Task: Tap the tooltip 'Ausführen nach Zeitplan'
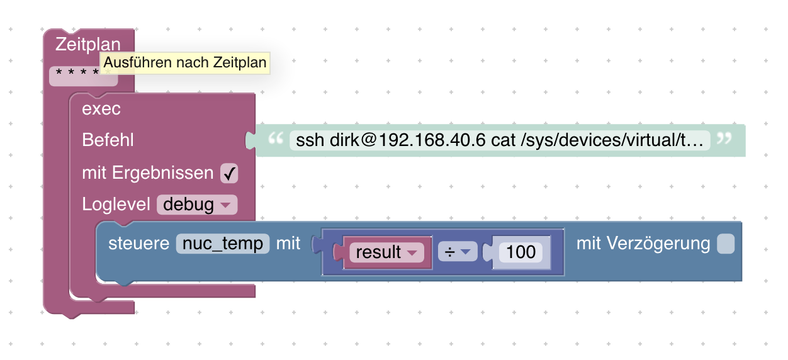[x=185, y=63]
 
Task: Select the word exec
[x=101, y=109]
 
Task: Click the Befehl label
[x=108, y=140]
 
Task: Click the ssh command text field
[x=500, y=140]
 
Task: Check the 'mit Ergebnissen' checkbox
[x=229, y=173]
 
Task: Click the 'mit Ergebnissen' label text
[x=148, y=173]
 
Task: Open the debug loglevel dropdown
[x=196, y=204]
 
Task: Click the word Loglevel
[x=116, y=204]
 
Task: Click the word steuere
[x=138, y=244]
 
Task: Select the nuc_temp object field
[x=223, y=244]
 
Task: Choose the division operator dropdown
[x=458, y=252]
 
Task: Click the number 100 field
[x=521, y=252]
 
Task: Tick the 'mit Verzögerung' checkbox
[x=726, y=244]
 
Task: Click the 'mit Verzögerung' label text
[x=643, y=244]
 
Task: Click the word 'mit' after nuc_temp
[x=288, y=244]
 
